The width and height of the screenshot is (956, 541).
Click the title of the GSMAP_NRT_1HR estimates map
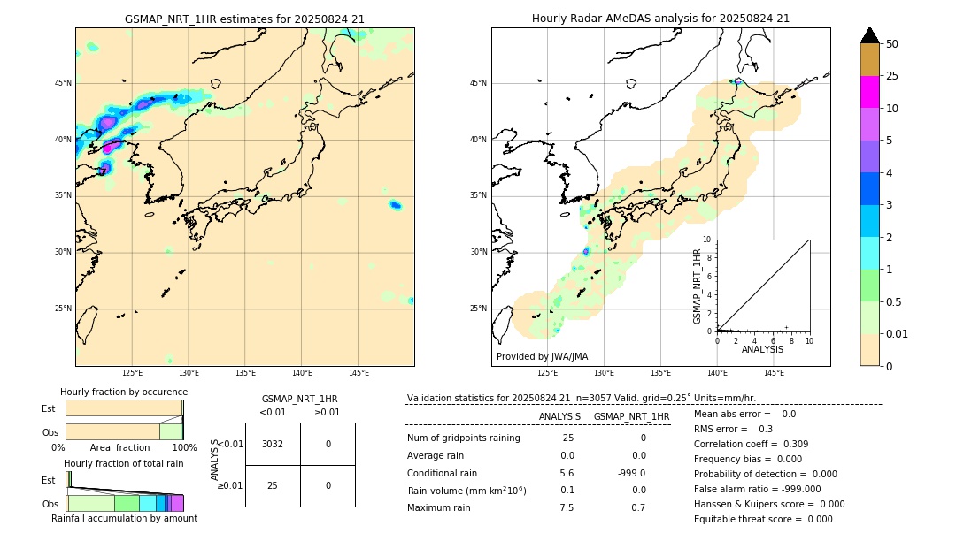tap(244, 19)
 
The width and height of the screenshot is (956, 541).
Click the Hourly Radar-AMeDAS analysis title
tap(660, 19)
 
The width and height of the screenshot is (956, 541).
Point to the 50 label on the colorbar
tap(892, 44)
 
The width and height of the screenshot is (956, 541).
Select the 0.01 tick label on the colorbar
tap(898, 333)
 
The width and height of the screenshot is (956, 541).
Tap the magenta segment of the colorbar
tap(869, 92)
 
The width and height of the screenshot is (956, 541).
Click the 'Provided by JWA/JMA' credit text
tap(542, 356)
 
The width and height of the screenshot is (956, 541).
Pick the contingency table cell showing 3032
tap(273, 444)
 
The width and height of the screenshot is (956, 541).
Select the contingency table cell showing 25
tap(273, 485)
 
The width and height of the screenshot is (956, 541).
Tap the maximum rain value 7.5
tap(567, 507)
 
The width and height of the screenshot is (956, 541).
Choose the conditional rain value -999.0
tap(631, 473)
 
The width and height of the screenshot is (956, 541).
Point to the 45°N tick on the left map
tap(63, 83)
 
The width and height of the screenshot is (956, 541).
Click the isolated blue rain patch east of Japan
tap(395, 205)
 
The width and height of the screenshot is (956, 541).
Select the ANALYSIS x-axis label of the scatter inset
tap(762, 349)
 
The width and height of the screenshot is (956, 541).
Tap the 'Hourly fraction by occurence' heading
tap(124, 392)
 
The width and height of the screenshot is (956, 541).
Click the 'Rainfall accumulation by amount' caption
tap(124, 518)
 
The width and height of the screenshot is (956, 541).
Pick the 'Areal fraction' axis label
tap(119, 447)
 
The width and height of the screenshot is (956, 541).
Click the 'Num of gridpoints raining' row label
tap(463, 438)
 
